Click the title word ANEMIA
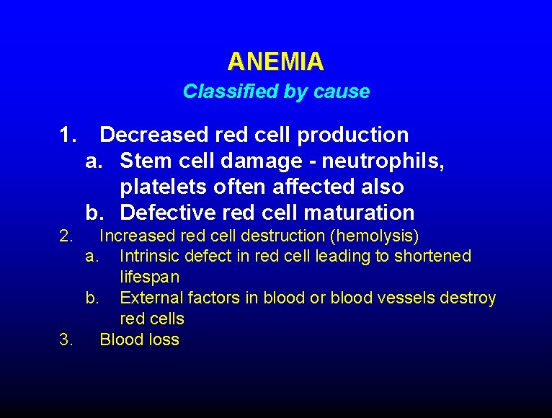275,62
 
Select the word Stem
144,161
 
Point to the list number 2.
66,236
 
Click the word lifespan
150,277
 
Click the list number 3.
66,339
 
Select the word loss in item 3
164,339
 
